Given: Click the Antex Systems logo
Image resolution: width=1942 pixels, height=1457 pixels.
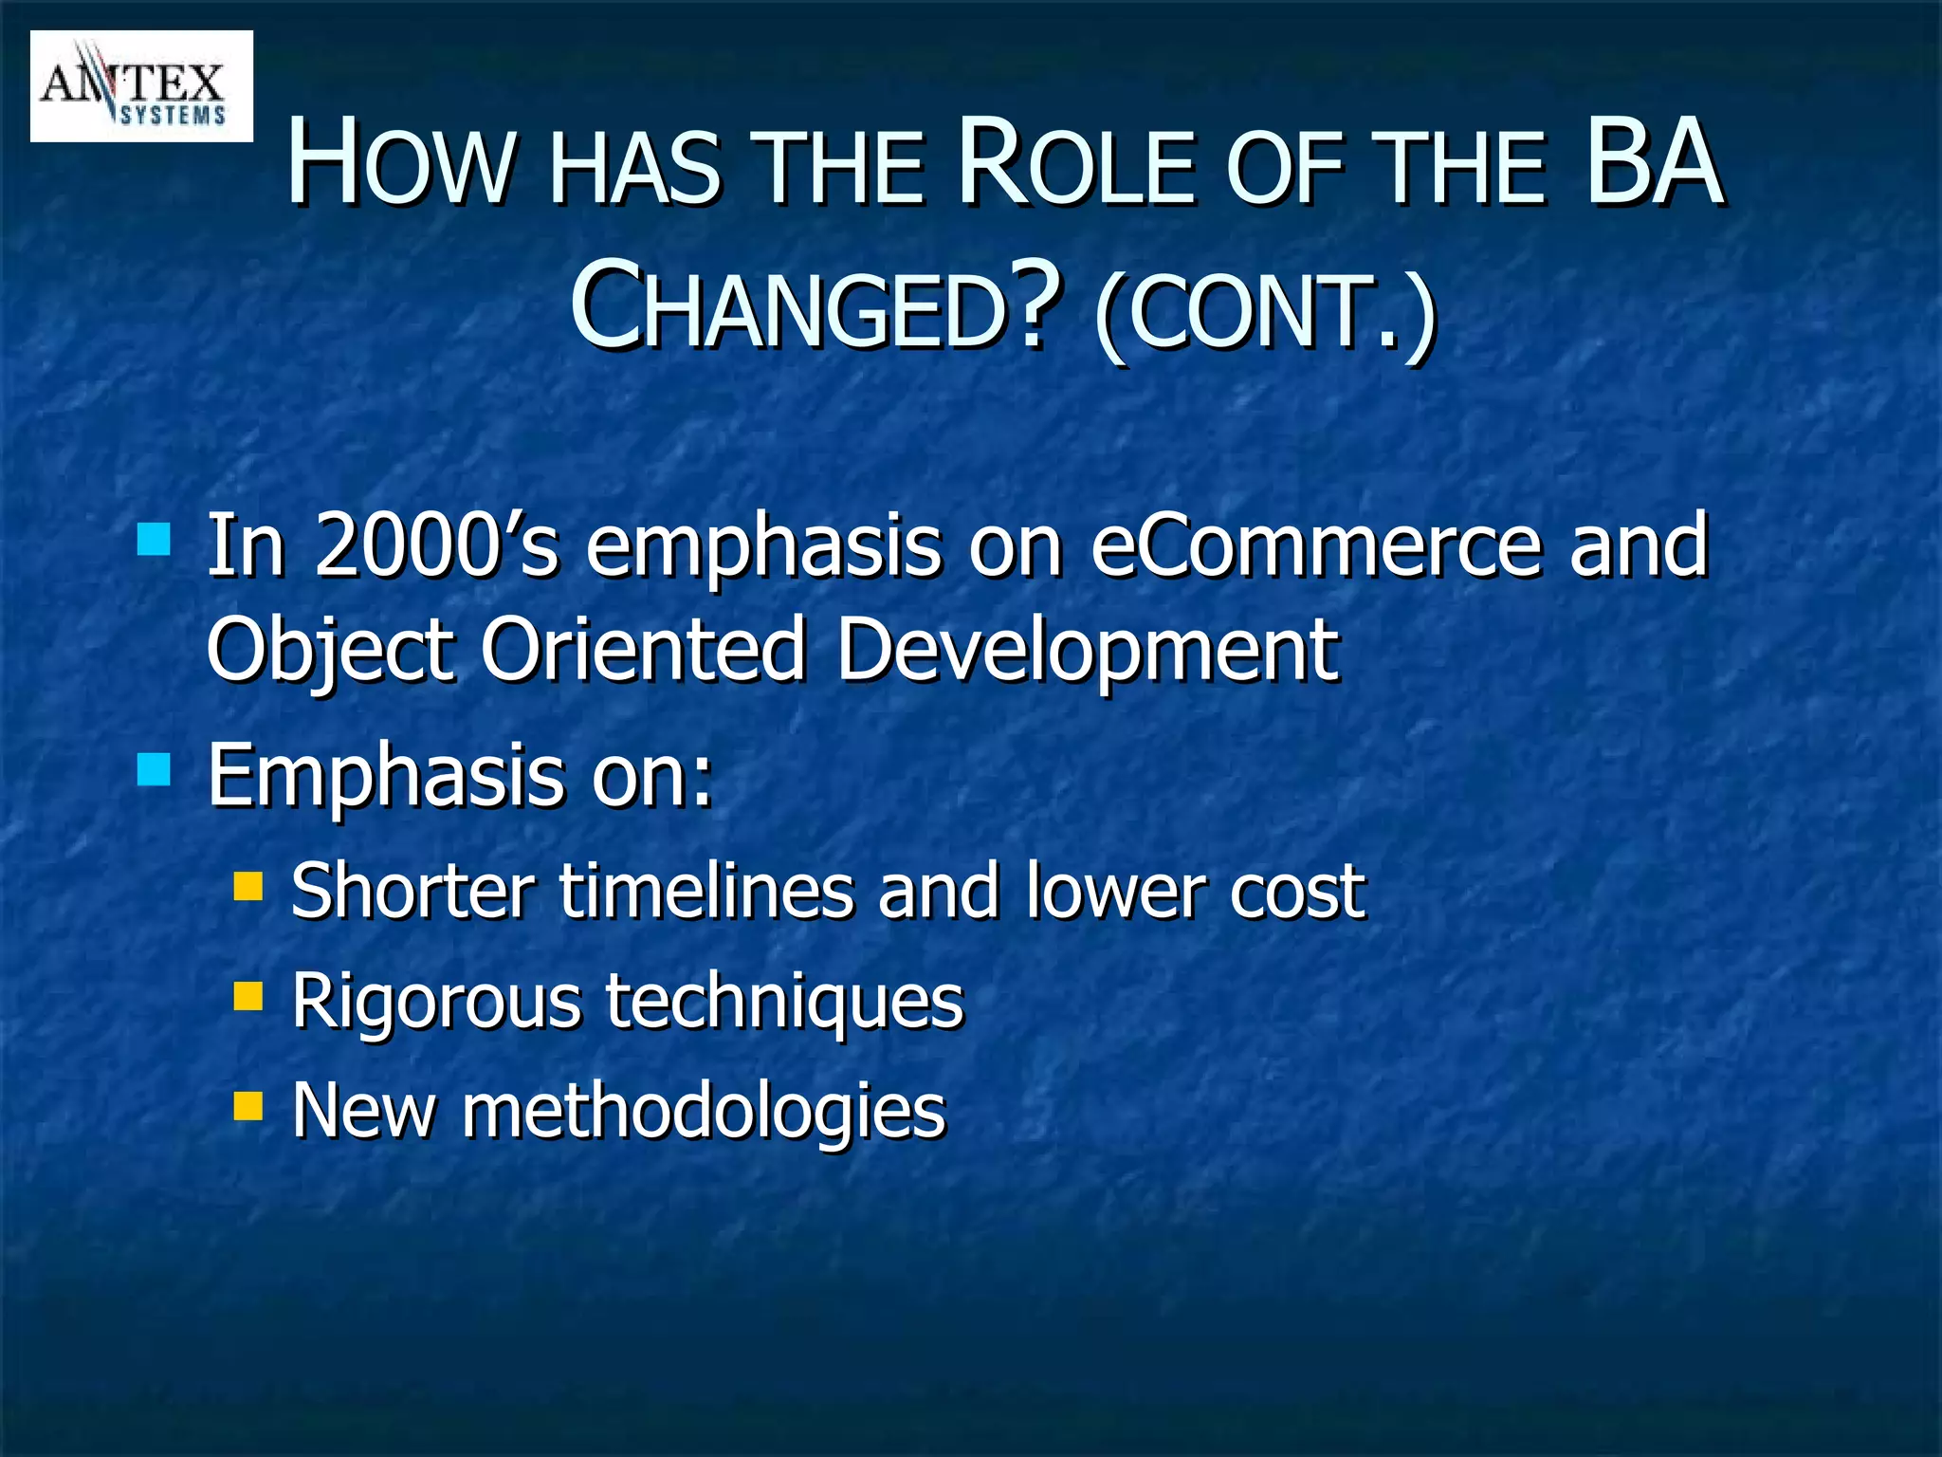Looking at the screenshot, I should pos(141,86).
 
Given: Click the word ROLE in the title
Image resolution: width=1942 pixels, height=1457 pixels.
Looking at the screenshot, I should pos(1075,163).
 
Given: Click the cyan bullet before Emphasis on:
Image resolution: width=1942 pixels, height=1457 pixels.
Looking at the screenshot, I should pos(154,769).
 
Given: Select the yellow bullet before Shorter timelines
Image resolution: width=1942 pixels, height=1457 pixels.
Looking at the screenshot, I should pos(248,886).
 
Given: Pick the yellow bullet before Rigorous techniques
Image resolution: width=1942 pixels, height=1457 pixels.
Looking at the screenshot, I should pos(248,995).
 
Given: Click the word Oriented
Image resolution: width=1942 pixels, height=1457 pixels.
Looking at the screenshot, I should pos(643,650).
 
